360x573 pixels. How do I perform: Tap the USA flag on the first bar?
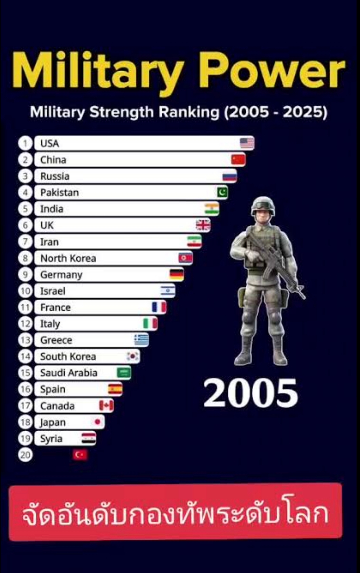coord(247,143)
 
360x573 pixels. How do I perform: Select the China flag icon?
coord(238,159)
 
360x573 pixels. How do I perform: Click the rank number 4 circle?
coord(25,193)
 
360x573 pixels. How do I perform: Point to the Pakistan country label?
coord(59,193)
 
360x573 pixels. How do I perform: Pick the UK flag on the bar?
coord(203,225)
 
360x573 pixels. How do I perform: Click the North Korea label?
coord(68,258)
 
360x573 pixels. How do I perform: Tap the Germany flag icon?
coord(177,274)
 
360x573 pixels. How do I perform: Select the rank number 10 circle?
coord(25,291)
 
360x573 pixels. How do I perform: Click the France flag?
coord(159,307)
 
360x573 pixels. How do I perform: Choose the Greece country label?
coord(56,340)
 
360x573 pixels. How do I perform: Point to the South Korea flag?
coord(133,356)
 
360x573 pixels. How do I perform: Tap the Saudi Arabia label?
coord(68,373)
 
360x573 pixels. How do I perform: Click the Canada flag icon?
coord(106,406)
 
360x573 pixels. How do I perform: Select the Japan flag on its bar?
coord(98,422)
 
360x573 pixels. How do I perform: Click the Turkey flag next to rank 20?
coord(80,455)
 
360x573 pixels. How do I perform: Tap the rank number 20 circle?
coord(25,455)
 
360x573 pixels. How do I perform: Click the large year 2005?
coord(251,393)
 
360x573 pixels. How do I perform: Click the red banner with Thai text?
coord(176,512)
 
